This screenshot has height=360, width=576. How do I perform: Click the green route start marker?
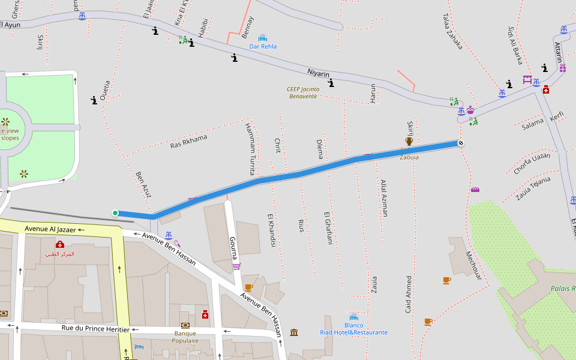coord(115,212)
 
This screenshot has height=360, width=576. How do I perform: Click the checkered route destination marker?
coord(460,143)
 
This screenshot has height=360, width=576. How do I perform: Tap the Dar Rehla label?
coord(263,46)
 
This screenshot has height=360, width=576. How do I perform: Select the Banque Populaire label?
coord(186,337)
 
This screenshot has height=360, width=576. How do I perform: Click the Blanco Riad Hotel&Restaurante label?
coord(353,329)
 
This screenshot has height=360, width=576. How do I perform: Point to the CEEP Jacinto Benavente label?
coord(304,92)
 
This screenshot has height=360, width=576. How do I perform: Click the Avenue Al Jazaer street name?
coord(51,229)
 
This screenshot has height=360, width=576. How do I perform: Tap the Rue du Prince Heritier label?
coord(96,329)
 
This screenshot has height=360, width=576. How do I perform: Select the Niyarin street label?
coord(319,73)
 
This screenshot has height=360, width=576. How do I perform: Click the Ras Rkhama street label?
coord(188,141)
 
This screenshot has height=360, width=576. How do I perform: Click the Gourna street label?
coord(234,248)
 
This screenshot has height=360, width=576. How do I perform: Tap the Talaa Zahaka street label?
coord(452,31)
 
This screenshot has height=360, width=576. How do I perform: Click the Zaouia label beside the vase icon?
coord(409,157)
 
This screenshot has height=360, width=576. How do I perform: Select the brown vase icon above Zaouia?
coord(409,142)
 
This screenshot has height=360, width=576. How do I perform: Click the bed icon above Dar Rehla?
coord(262,37)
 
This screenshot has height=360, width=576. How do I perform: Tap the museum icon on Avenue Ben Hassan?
coord(294,332)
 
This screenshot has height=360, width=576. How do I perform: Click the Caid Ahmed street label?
coord(409,294)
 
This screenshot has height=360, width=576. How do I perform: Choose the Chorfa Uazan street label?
coord(532,164)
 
